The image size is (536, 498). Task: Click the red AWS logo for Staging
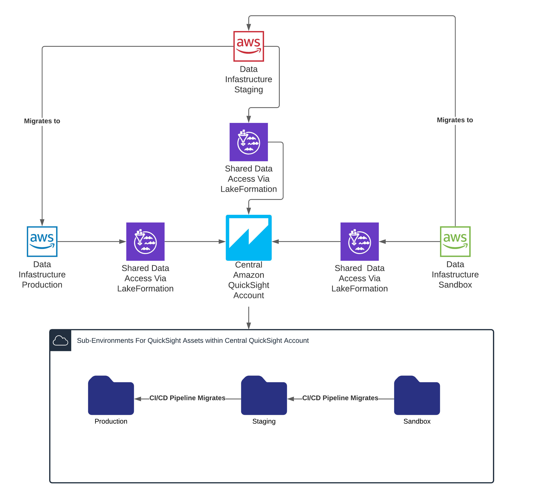[x=249, y=46]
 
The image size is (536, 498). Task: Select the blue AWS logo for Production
[x=42, y=242]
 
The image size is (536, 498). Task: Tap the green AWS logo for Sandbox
[x=455, y=242]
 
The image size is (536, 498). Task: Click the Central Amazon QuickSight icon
[x=249, y=238]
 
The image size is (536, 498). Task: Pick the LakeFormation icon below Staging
[x=249, y=142]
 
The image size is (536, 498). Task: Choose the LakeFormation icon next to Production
[x=145, y=242]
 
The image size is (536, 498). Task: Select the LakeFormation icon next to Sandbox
[x=359, y=242]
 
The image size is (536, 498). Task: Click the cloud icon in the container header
[x=60, y=340]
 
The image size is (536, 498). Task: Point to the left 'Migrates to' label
[x=42, y=121]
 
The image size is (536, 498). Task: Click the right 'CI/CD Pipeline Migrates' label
[x=340, y=398]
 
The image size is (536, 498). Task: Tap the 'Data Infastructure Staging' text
[x=249, y=79]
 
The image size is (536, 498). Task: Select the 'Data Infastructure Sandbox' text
[x=455, y=274]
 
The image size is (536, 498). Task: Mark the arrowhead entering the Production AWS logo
[x=42, y=223]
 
